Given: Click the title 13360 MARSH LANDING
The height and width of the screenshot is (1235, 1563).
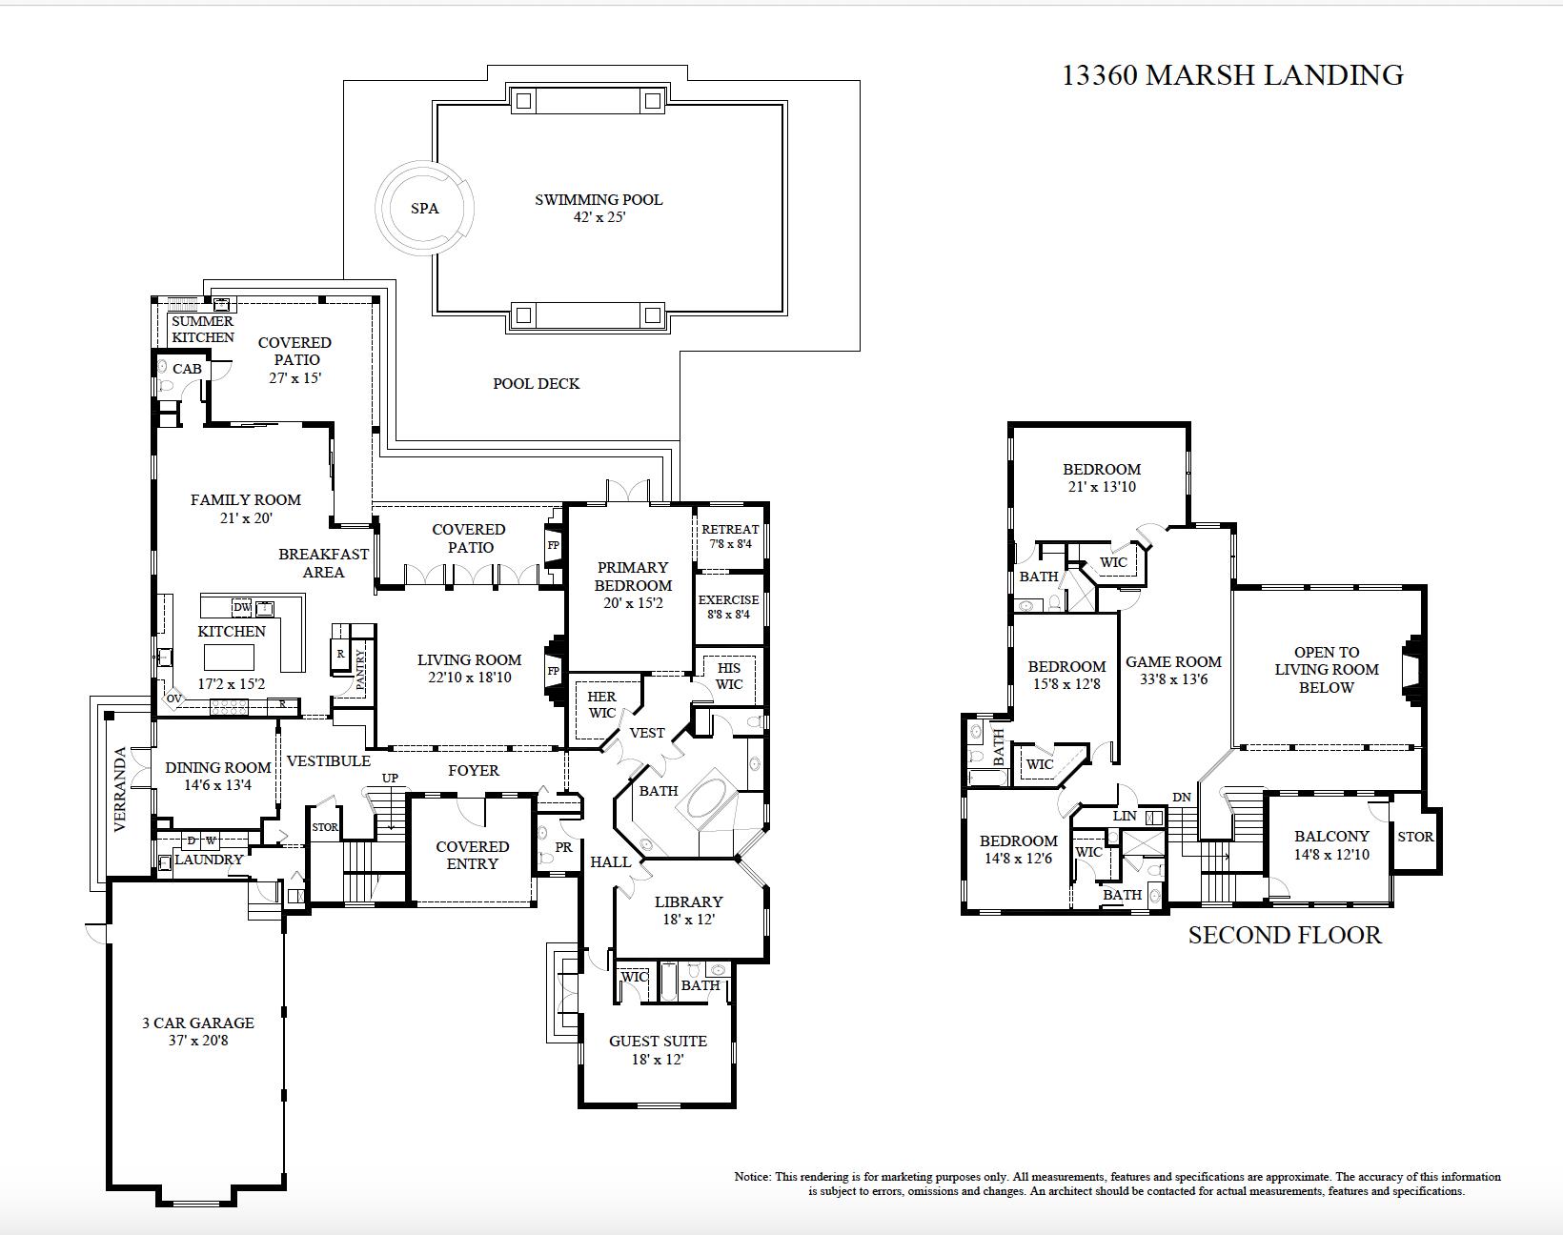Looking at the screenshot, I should pos(1232,75).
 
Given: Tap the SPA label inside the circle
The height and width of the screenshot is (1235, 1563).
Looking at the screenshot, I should pos(425,209).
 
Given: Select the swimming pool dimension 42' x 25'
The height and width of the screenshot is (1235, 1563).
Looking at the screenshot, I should pos(599,217).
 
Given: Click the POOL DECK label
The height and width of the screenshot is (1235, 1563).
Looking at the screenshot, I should pos(536,384).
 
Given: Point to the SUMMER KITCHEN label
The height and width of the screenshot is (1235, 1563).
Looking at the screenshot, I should pos(202,330).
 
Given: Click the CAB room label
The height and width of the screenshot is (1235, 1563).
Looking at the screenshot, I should pos(187,369).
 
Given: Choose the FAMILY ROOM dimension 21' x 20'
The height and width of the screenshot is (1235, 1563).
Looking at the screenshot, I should pos(245,518).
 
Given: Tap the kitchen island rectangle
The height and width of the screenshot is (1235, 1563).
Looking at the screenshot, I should pos(230,658).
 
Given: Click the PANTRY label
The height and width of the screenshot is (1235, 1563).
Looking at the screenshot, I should pos(361,669).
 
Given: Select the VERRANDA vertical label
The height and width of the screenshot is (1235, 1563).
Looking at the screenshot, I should pos(120,790).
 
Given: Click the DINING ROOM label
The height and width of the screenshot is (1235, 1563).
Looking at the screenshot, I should pos(217,767).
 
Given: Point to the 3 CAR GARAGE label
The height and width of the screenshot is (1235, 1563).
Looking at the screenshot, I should pos(198,1023).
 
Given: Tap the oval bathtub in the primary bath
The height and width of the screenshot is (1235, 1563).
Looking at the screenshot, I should pos(708,800).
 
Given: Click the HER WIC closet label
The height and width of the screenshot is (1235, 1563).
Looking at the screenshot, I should pos(601,705).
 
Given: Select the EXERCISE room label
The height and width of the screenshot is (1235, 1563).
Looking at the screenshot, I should pos(728,600).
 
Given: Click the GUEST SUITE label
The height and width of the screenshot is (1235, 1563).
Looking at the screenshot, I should pos(658,1042).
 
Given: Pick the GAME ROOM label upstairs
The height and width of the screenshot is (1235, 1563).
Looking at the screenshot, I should pos(1173,662).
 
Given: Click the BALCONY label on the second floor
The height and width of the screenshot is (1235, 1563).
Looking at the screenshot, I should pos(1331,837).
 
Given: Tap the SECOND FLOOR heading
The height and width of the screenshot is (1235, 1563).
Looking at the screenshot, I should pos(1284,936).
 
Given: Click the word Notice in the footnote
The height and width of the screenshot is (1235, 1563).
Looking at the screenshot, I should pos(752,1177).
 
